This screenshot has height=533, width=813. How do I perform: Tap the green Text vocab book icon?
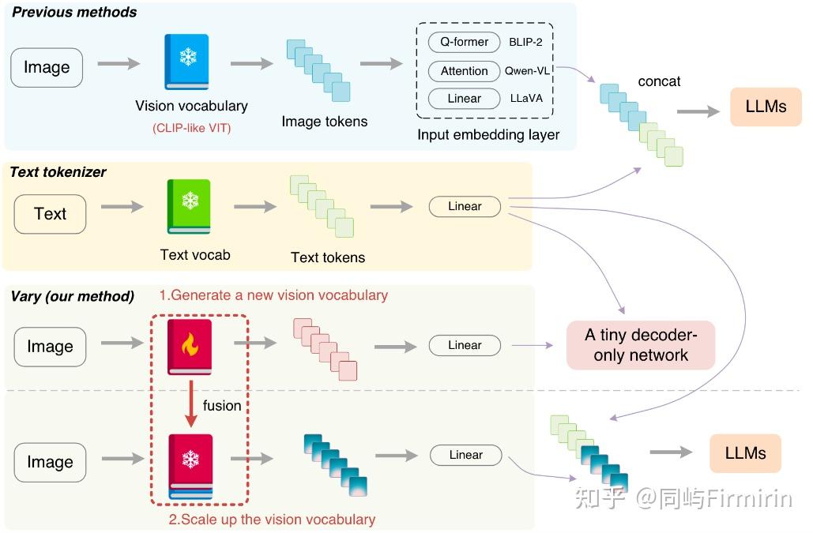tap(189, 207)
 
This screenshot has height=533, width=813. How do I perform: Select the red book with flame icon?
tap(190, 346)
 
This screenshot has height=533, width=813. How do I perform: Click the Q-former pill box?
tap(464, 42)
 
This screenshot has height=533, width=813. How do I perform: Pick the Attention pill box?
tap(464, 71)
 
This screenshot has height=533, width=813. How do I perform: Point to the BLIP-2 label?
tap(527, 43)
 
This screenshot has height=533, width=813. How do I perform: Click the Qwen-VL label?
tap(528, 71)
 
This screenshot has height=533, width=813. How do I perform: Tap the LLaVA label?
tap(526, 99)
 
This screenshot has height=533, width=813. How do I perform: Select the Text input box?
tap(50, 214)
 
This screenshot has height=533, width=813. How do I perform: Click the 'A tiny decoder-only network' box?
tap(641, 345)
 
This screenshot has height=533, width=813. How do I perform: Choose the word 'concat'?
tap(659, 81)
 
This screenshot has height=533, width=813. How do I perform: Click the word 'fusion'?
tap(222, 406)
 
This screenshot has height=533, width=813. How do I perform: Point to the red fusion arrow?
tap(190, 404)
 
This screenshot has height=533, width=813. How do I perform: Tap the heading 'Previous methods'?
tap(74, 13)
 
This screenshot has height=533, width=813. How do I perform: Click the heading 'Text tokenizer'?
tap(58, 171)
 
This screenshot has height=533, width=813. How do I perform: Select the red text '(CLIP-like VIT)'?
tap(191, 126)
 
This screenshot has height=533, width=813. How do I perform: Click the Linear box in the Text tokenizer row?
tap(465, 207)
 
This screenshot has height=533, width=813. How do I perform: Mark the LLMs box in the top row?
tap(766, 106)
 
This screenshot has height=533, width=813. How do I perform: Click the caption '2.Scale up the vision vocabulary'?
tap(272, 520)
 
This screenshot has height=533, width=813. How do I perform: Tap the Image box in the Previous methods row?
tap(47, 67)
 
